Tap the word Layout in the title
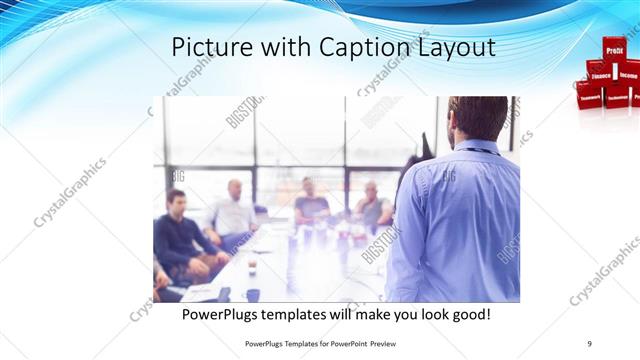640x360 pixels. pos(451,47)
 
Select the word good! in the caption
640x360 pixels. pos(466,314)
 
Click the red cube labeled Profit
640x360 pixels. pos(613,48)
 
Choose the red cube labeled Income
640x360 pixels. pos(628,73)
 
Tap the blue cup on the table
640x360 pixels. pos(252,295)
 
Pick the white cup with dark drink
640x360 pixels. pos(251,267)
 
